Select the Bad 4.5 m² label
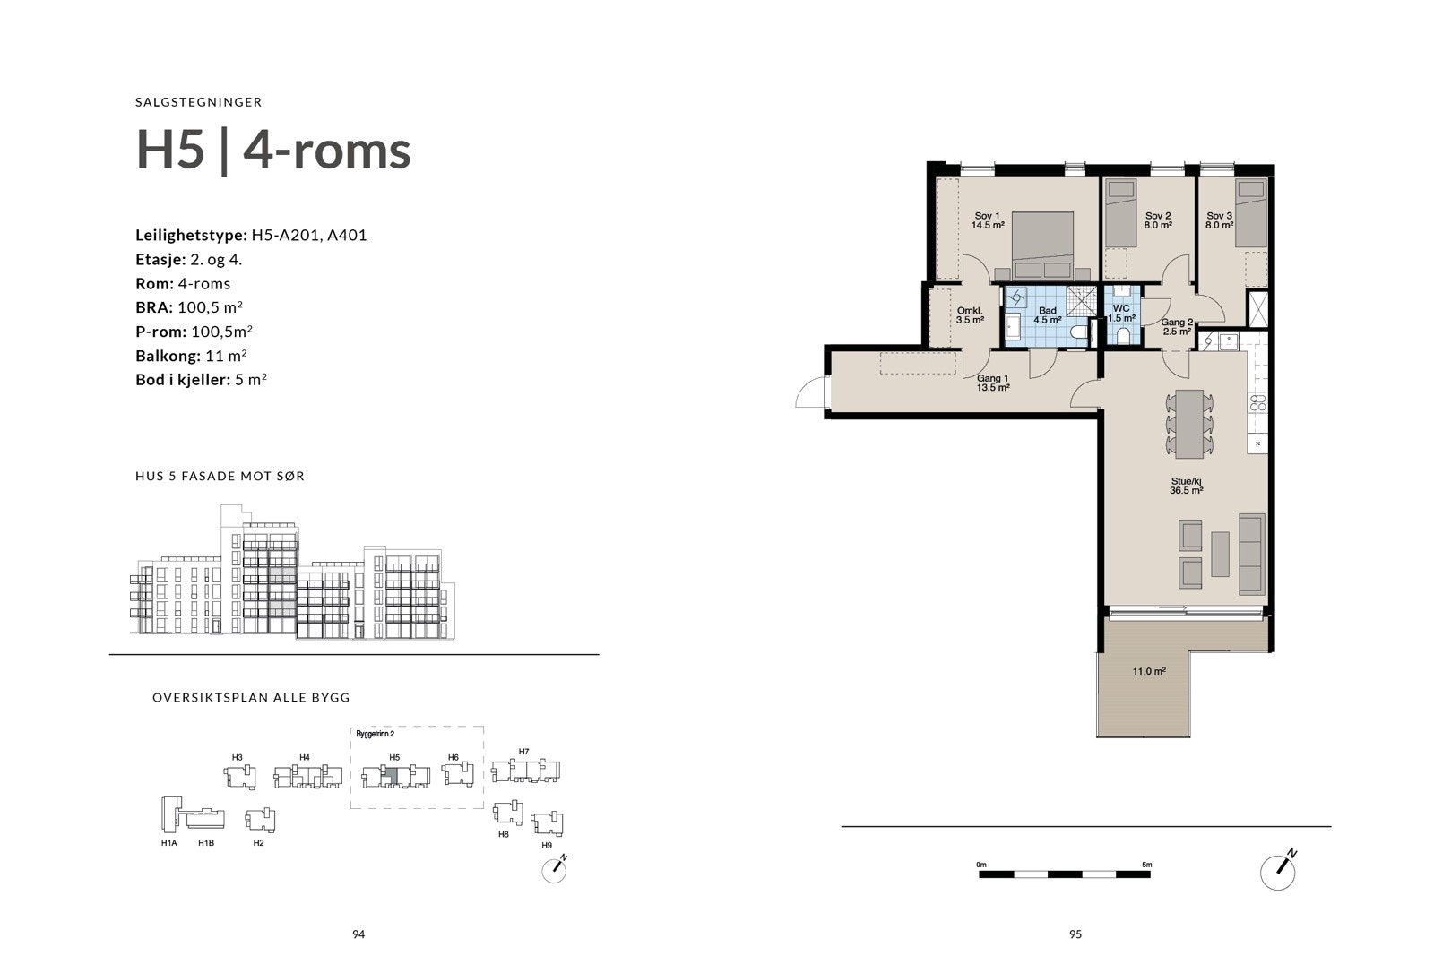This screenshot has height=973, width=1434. (1048, 315)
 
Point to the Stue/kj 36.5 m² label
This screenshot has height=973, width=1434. (1186, 485)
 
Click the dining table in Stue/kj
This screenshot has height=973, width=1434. (1189, 421)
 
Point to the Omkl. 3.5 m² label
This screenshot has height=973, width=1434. (970, 315)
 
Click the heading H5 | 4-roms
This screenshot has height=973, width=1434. (273, 150)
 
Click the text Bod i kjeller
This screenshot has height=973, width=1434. (182, 380)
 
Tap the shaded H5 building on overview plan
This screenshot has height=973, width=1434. (391, 775)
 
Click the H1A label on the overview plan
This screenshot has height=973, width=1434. (168, 843)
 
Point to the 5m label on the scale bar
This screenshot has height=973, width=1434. (1147, 865)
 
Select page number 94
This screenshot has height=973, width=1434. (358, 934)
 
